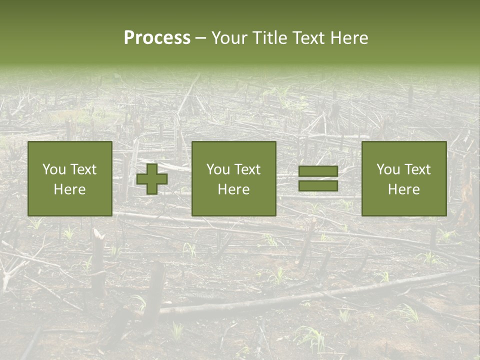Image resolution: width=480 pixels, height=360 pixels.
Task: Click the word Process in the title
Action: point(157,38)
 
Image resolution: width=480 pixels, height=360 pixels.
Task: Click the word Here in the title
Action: point(350,38)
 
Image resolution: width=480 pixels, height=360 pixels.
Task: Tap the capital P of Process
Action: point(129,38)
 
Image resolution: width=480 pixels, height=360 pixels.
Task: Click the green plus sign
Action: point(152,179)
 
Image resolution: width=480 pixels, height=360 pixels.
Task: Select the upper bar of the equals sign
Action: point(318,171)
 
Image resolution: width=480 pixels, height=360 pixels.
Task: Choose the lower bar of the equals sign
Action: point(318,186)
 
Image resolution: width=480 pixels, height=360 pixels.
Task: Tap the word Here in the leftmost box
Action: point(70,189)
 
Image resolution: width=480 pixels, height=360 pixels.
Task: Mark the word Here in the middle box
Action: point(234,189)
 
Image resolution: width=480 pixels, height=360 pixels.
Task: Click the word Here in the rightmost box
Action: point(404,189)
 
